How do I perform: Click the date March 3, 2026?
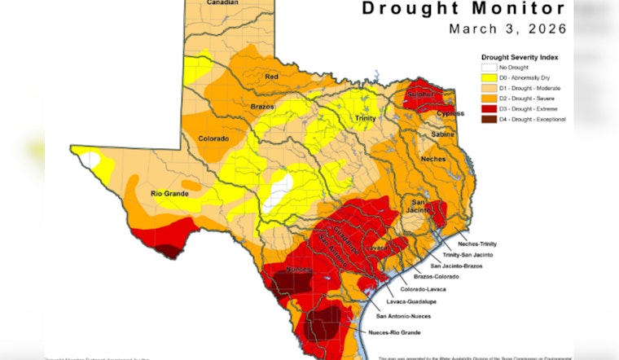507,29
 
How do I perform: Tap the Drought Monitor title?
475,9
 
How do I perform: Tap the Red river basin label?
272,77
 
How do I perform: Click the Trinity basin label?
365,119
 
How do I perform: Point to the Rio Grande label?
169,194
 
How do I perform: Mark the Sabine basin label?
442,134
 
